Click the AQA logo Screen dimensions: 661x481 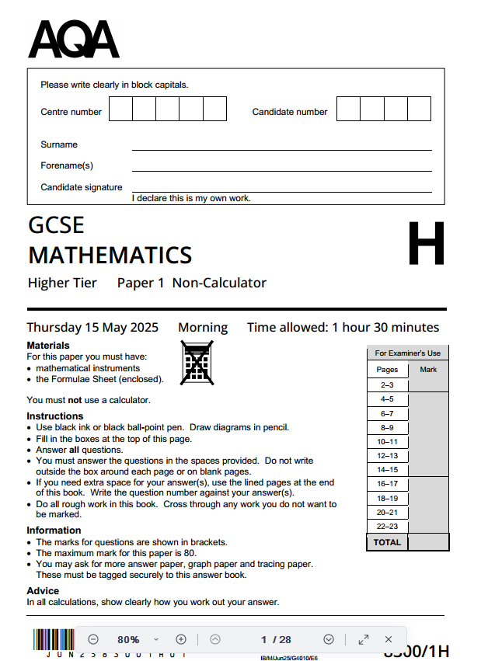(74, 40)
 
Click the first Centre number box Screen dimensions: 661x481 (120, 109)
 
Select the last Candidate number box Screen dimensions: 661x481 (419, 109)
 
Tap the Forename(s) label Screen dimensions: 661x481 (67, 165)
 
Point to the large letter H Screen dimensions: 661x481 (426, 243)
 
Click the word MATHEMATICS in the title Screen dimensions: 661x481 (110, 255)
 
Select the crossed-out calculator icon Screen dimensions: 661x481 (197, 363)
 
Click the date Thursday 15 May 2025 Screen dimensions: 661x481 (88, 327)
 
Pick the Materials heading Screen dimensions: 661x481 (48, 345)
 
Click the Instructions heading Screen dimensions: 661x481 (54, 416)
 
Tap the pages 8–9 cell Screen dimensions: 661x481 (387, 427)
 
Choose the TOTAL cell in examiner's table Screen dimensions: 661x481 (387, 542)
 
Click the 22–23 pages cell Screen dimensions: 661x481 (387, 527)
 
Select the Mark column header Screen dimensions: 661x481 (428, 370)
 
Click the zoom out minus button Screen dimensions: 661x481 (93, 639)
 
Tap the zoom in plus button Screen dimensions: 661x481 (181, 639)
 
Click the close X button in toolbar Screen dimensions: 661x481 (389, 639)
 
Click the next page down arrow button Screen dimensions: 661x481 (329, 639)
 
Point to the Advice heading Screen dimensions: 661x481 (42, 591)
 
